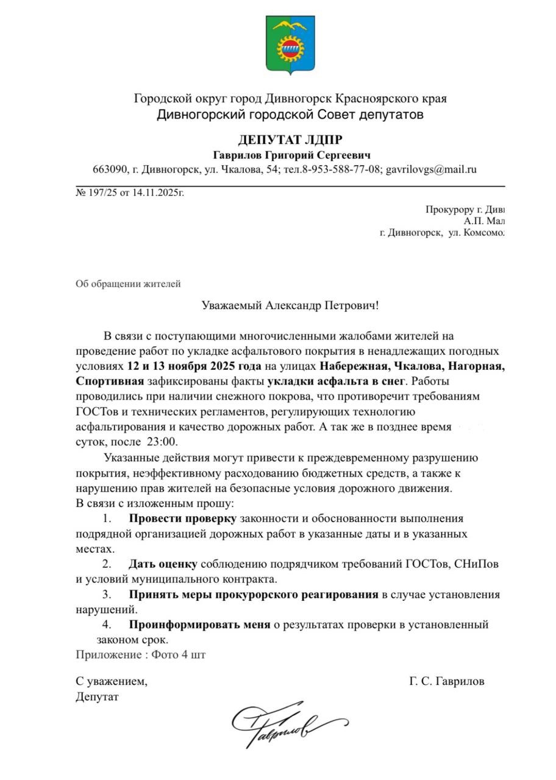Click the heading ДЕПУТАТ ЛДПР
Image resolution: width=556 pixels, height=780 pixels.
pyautogui.click(x=290, y=140)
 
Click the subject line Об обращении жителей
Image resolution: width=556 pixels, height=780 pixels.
pyautogui.click(x=128, y=283)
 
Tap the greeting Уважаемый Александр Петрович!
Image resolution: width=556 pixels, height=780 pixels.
pyautogui.click(x=290, y=305)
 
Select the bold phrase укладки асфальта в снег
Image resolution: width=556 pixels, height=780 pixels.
pyautogui.click(x=335, y=381)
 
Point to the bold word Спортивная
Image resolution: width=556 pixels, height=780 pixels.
pyautogui.click(x=110, y=381)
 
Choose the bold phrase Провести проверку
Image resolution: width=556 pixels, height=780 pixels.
pyautogui.click(x=182, y=519)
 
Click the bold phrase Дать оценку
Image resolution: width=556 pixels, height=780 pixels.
pyautogui.click(x=163, y=564)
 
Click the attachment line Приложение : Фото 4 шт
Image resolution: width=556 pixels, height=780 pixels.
pyautogui.click(x=141, y=655)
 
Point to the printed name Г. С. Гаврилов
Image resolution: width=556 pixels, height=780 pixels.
pyautogui.click(x=447, y=681)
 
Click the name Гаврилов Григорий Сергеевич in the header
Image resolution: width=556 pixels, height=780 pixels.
pyautogui.click(x=291, y=155)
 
